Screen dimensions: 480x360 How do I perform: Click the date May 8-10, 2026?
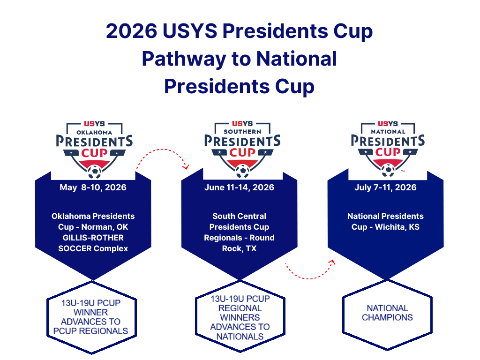[x=93, y=187]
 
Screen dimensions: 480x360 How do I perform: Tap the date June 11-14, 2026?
[x=240, y=187]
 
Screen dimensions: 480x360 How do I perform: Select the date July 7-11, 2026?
[x=385, y=187]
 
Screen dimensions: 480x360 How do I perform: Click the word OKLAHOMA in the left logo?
[x=94, y=133]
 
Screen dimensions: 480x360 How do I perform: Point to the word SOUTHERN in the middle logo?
[x=242, y=132]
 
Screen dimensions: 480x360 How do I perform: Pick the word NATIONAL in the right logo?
[x=388, y=132]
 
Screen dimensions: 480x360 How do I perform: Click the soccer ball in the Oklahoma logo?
[x=95, y=172]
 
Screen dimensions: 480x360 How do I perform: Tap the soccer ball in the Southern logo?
[x=242, y=171]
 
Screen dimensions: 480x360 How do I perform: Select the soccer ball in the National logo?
[x=388, y=170]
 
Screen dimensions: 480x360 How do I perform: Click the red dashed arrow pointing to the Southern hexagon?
[x=162, y=150]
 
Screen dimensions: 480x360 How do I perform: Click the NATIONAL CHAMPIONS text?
[x=387, y=313]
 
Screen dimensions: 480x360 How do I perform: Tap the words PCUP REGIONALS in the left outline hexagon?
[x=90, y=331]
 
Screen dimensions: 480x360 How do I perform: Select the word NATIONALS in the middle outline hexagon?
[x=240, y=337]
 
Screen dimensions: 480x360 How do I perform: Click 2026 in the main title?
[x=132, y=31]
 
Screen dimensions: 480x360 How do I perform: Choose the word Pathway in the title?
[x=184, y=59]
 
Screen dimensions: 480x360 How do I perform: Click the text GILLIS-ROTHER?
[x=93, y=238]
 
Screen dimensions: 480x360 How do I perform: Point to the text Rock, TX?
[x=240, y=248]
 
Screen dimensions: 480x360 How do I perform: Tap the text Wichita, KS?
[x=397, y=227]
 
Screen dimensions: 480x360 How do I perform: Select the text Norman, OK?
[x=105, y=227]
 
